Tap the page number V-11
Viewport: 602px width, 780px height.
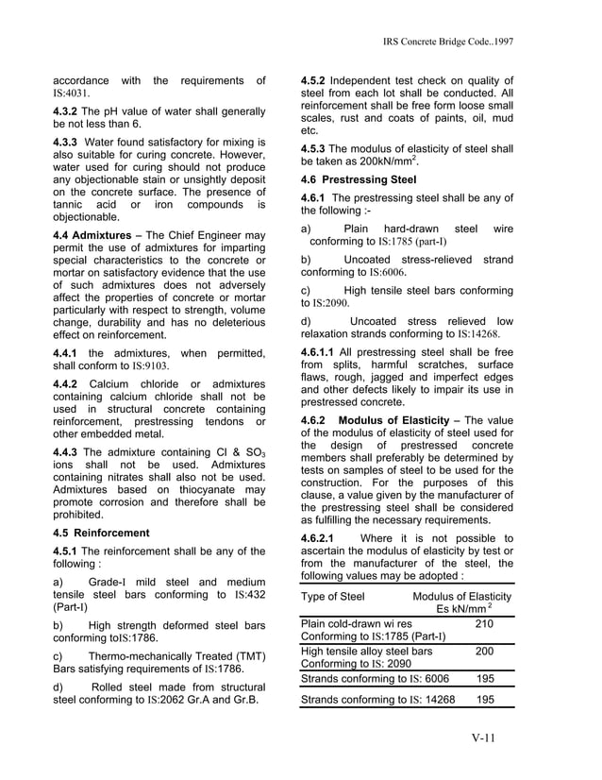pos(492,738)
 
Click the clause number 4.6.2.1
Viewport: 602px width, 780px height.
pos(323,539)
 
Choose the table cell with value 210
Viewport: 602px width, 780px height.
pos(484,624)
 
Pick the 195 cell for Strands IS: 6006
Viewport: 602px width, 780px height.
pos(484,678)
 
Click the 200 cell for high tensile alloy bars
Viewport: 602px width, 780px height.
pos(484,651)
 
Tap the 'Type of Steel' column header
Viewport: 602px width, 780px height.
pos(332,597)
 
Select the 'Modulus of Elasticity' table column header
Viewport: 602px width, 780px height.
pos(461,597)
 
